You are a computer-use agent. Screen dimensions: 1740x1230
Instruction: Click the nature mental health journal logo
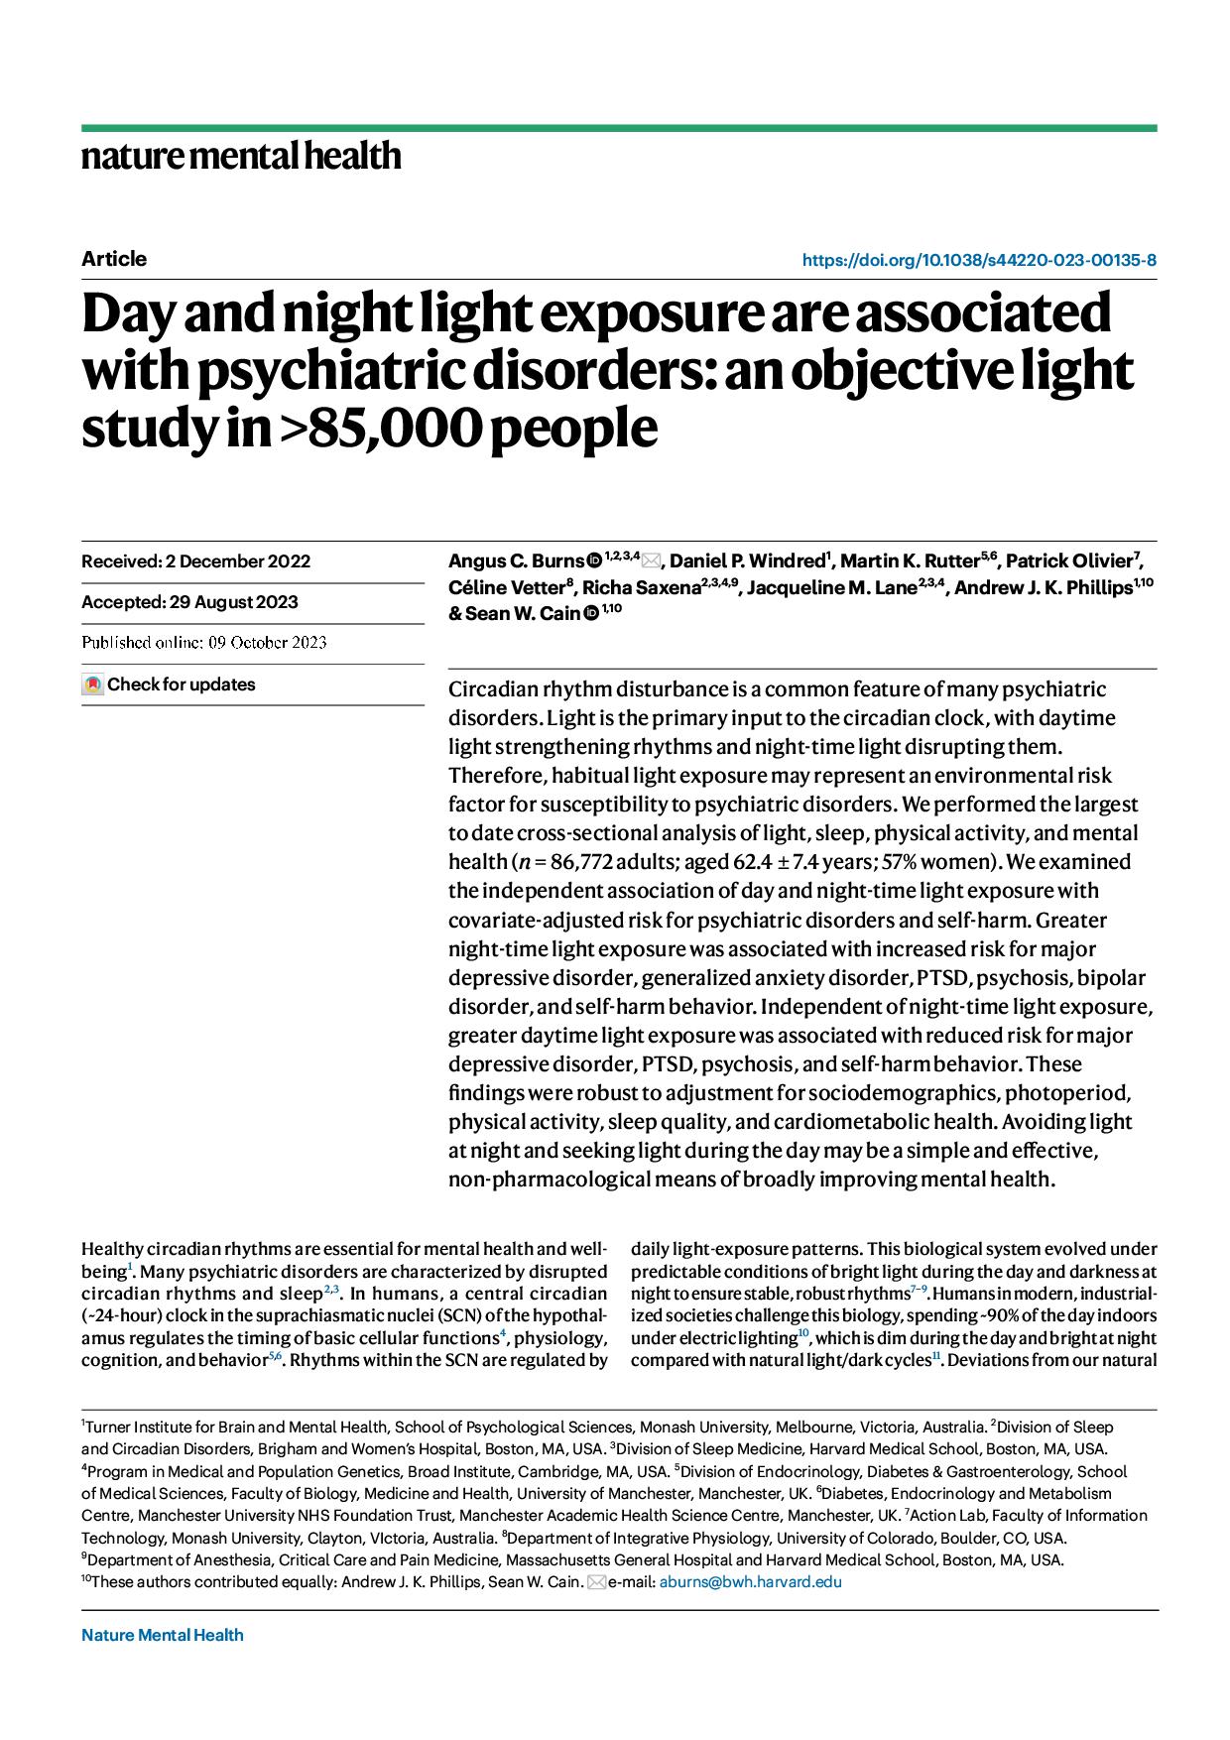(x=241, y=157)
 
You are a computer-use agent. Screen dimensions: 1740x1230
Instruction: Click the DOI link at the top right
(x=978, y=261)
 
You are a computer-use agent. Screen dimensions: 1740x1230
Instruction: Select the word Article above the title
(x=114, y=259)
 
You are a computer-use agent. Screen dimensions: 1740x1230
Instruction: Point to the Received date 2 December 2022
(x=238, y=561)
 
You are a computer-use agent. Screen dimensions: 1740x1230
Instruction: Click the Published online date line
(x=204, y=643)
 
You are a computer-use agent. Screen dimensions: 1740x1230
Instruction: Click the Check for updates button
(x=170, y=684)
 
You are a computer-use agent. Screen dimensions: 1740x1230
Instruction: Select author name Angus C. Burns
(x=516, y=561)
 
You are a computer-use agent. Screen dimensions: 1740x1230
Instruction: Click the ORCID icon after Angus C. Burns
(x=594, y=561)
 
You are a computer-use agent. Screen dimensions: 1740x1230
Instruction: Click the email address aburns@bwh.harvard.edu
(x=750, y=1582)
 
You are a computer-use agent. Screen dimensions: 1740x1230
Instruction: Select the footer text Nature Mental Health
(x=163, y=1635)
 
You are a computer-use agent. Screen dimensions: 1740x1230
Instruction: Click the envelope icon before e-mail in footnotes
(x=596, y=1582)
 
